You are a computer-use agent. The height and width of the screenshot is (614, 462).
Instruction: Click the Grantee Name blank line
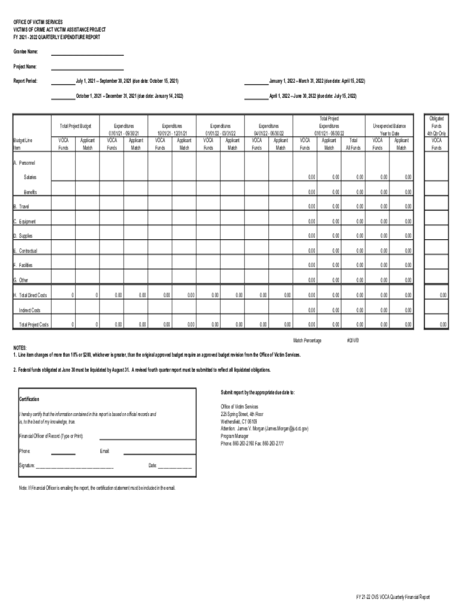[87, 55]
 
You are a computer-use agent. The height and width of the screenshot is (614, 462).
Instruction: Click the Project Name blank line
[87, 69]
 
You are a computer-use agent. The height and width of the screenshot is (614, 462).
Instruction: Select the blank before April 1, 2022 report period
[256, 98]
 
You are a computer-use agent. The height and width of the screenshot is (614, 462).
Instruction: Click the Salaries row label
[29, 177]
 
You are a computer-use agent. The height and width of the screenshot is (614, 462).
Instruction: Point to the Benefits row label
[30, 192]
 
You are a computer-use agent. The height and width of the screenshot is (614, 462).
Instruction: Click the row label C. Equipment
[26, 221]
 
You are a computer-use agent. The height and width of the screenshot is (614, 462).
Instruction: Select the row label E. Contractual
[27, 251]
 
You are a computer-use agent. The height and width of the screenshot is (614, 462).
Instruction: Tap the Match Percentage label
[307, 341]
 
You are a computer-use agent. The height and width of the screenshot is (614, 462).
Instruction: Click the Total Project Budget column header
[76, 127]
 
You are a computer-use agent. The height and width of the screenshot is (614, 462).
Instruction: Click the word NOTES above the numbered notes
[21, 348]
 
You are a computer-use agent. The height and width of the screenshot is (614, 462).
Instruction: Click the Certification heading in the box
[29, 399]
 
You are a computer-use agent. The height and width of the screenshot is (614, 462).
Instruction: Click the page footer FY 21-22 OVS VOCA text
[392, 597]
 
